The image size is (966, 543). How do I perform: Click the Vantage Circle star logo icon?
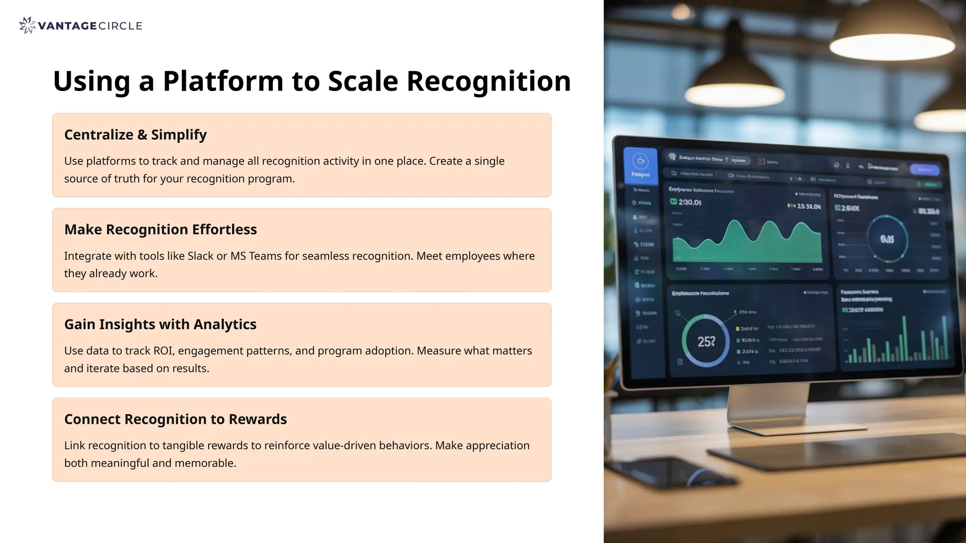pos(27,25)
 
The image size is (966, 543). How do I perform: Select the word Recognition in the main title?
pos(488,81)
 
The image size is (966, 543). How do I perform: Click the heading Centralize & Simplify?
pos(135,135)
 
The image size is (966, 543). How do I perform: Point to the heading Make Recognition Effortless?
pos(160,230)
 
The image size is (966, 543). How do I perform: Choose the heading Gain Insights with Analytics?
pos(160,324)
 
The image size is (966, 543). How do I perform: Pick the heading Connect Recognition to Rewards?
pos(175,419)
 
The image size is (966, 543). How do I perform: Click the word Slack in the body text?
pos(200,256)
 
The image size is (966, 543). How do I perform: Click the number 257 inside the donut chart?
pos(706,341)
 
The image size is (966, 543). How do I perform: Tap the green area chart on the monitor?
pos(747,245)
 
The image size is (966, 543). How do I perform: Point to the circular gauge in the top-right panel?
pos(887,239)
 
